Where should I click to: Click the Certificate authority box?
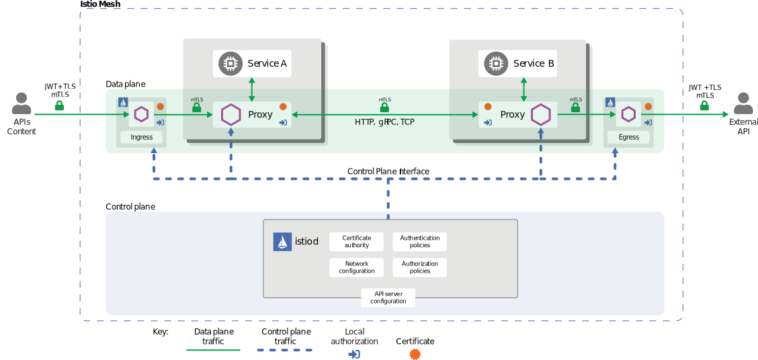pyautogui.click(x=356, y=242)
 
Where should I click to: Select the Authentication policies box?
pyautogui.click(x=419, y=242)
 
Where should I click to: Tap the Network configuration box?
pyautogui.click(x=356, y=267)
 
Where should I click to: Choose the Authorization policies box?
pyautogui.click(x=419, y=267)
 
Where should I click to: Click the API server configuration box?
pyautogui.click(x=388, y=298)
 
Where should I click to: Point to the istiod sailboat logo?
pyautogui.click(x=282, y=242)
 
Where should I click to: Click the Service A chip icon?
pyautogui.click(x=230, y=63)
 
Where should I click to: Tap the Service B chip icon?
pyautogui.click(x=496, y=63)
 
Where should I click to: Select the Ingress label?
pyautogui.click(x=141, y=137)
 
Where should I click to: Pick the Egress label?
pyautogui.click(x=628, y=137)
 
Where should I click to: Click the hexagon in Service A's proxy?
pyautogui.click(x=230, y=114)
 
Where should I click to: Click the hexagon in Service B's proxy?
pyautogui.click(x=540, y=114)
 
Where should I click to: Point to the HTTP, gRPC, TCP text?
pyautogui.click(x=385, y=122)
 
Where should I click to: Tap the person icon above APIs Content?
pyautogui.click(x=22, y=104)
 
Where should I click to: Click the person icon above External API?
pyautogui.click(x=743, y=104)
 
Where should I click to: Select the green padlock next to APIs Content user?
pyautogui.click(x=59, y=105)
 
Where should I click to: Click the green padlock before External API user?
pyautogui.click(x=704, y=105)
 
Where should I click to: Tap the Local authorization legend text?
pyautogui.click(x=354, y=336)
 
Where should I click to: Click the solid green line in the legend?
pyautogui.click(x=213, y=350)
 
